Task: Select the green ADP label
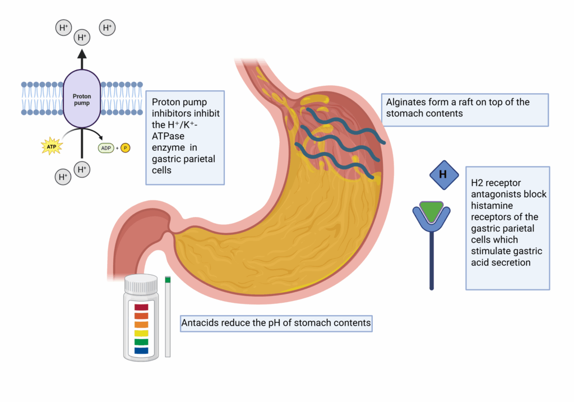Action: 105,148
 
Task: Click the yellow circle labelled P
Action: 125,148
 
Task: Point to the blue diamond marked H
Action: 443,174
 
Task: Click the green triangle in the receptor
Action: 431,210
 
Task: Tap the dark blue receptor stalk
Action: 431,258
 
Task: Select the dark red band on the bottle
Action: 141,307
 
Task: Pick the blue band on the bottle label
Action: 141,350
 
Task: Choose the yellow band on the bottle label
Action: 141,333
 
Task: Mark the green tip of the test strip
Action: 168,279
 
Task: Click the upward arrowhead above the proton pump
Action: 82,54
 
